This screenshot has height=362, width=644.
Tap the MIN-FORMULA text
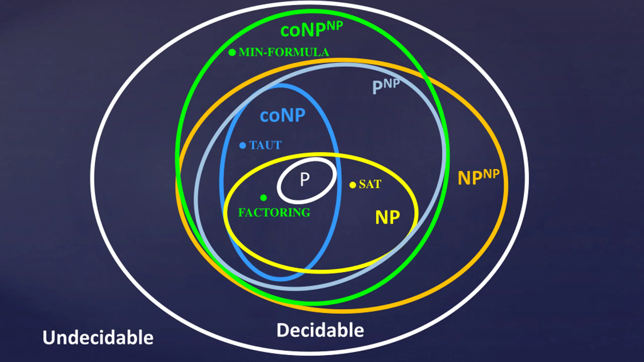click(x=284, y=52)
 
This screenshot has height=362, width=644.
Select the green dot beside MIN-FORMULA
click(x=232, y=52)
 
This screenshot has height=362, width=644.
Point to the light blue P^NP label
click(x=386, y=86)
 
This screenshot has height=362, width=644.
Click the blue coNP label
click(x=283, y=115)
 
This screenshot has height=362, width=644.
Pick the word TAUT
click(x=265, y=145)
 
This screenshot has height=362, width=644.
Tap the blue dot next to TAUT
click(x=243, y=145)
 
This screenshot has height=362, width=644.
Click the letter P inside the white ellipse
click(x=305, y=179)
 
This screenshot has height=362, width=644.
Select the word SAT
click(x=370, y=184)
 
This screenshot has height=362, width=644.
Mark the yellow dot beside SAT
click(x=353, y=185)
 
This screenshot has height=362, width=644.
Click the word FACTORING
click(x=274, y=212)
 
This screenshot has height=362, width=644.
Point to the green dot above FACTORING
click(x=263, y=198)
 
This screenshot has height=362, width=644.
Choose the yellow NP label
click(x=387, y=217)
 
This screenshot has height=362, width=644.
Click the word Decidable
click(x=320, y=330)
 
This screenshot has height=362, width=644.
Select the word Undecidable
click(x=98, y=337)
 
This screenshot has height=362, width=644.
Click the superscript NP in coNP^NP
click(x=333, y=26)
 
